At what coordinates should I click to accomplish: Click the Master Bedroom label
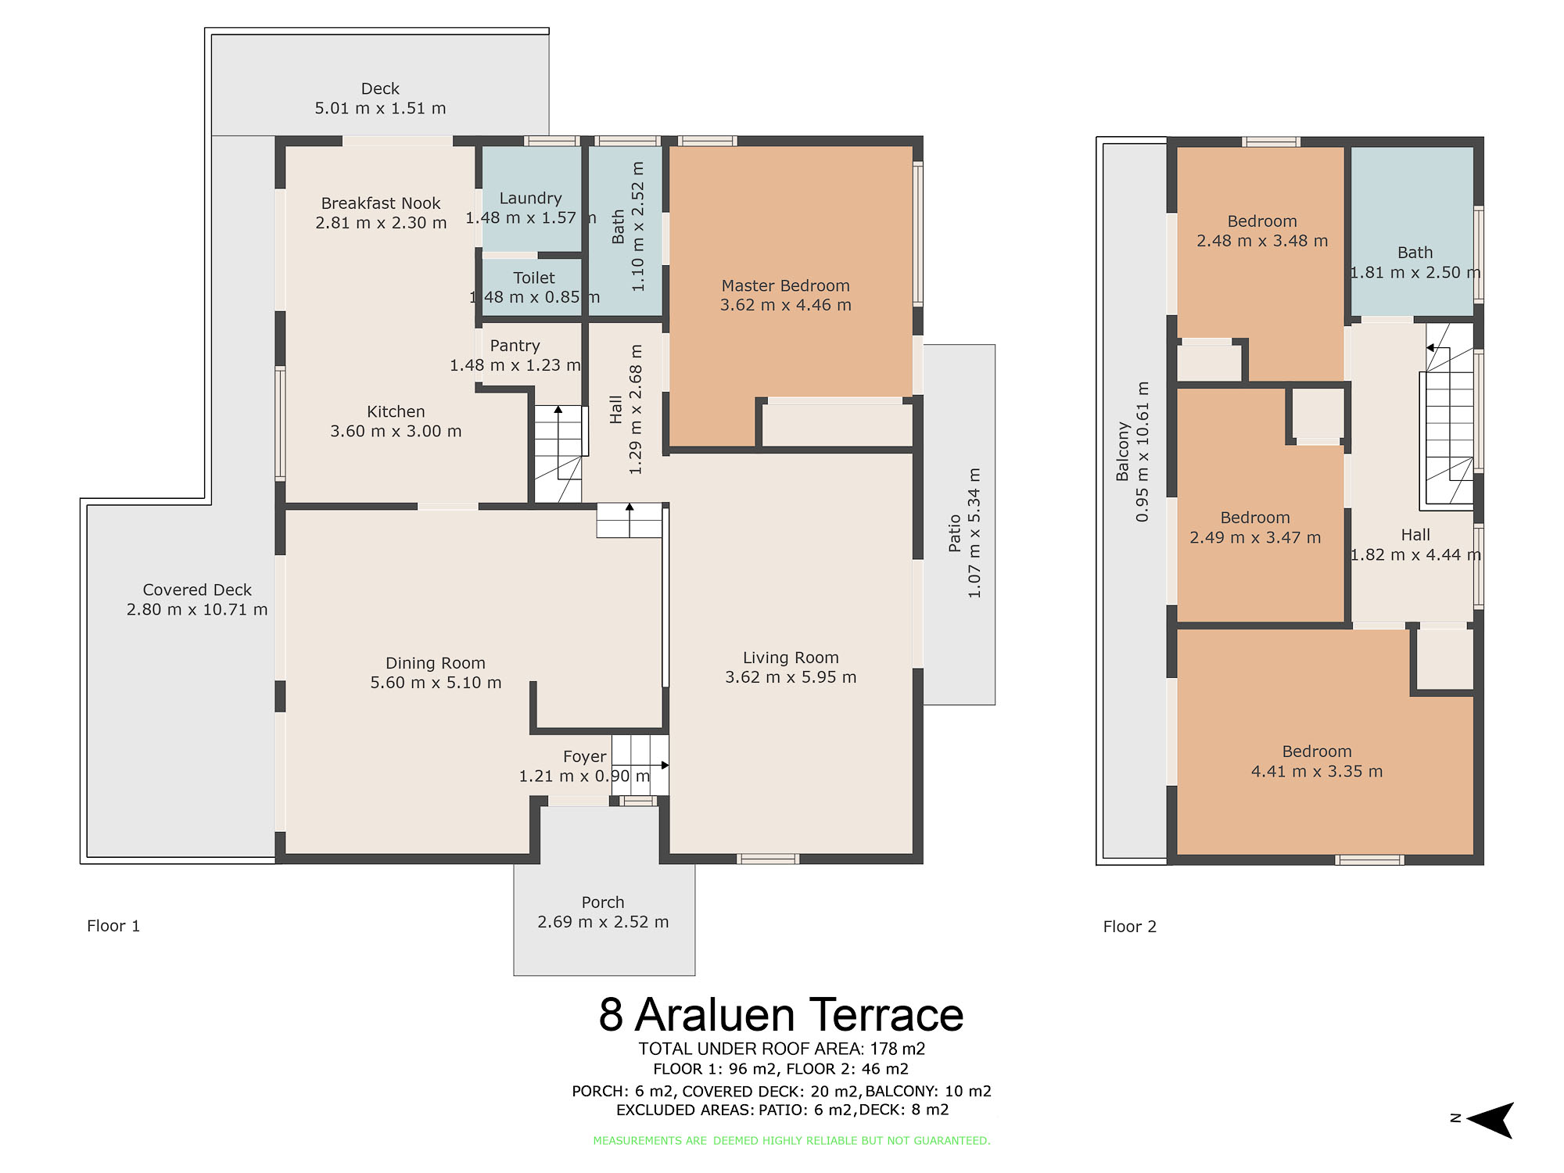tap(785, 286)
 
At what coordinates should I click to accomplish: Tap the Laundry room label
tap(530, 199)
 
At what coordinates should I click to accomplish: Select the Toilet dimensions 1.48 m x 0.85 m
tap(534, 297)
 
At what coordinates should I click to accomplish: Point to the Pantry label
tap(515, 346)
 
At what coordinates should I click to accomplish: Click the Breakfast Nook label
tap(381, 203)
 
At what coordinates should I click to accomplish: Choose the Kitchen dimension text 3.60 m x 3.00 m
tap(396, 431)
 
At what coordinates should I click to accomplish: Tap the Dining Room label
tap(436, 663)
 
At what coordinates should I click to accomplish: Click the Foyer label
tap(584, 757)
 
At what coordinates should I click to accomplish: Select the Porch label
tap(603, 902)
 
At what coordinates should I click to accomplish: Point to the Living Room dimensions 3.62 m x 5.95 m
tap(791, 677)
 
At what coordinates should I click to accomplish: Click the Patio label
tap(954, 533)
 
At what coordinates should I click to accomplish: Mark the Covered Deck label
tap(197, 590)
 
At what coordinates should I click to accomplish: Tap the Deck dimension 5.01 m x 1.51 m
tap(380, 109)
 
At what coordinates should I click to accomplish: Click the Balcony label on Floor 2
tap(1123, 452)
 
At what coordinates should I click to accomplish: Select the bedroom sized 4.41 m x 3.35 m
tap(1317, 752)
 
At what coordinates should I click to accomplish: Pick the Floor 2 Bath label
tap(1415, 253)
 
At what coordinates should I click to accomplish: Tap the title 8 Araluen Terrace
tap(781, 1015)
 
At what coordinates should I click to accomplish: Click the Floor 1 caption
tap(113, 926)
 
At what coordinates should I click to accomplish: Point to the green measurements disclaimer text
tap(791, 1141)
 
